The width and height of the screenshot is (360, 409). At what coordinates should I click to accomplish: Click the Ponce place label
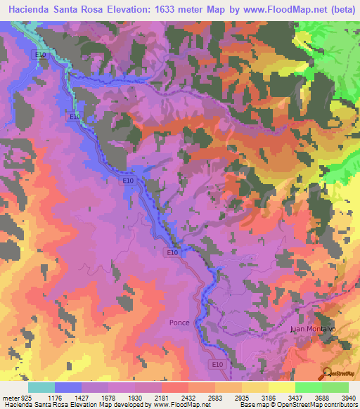(x=179, y=323)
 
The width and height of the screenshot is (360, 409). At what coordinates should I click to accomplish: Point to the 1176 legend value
(x=54, y=397)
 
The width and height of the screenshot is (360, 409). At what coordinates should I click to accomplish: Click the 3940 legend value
(x=348, y=397)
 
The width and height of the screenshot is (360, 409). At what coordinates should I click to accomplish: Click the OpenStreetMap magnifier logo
(x=327, y=373)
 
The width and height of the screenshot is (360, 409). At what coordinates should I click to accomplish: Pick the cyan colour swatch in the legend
(x=41, y=387)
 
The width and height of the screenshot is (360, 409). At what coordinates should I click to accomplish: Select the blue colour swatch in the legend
(x=68, y=387)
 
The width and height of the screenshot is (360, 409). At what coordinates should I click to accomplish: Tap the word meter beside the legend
(x=10, y=397)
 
